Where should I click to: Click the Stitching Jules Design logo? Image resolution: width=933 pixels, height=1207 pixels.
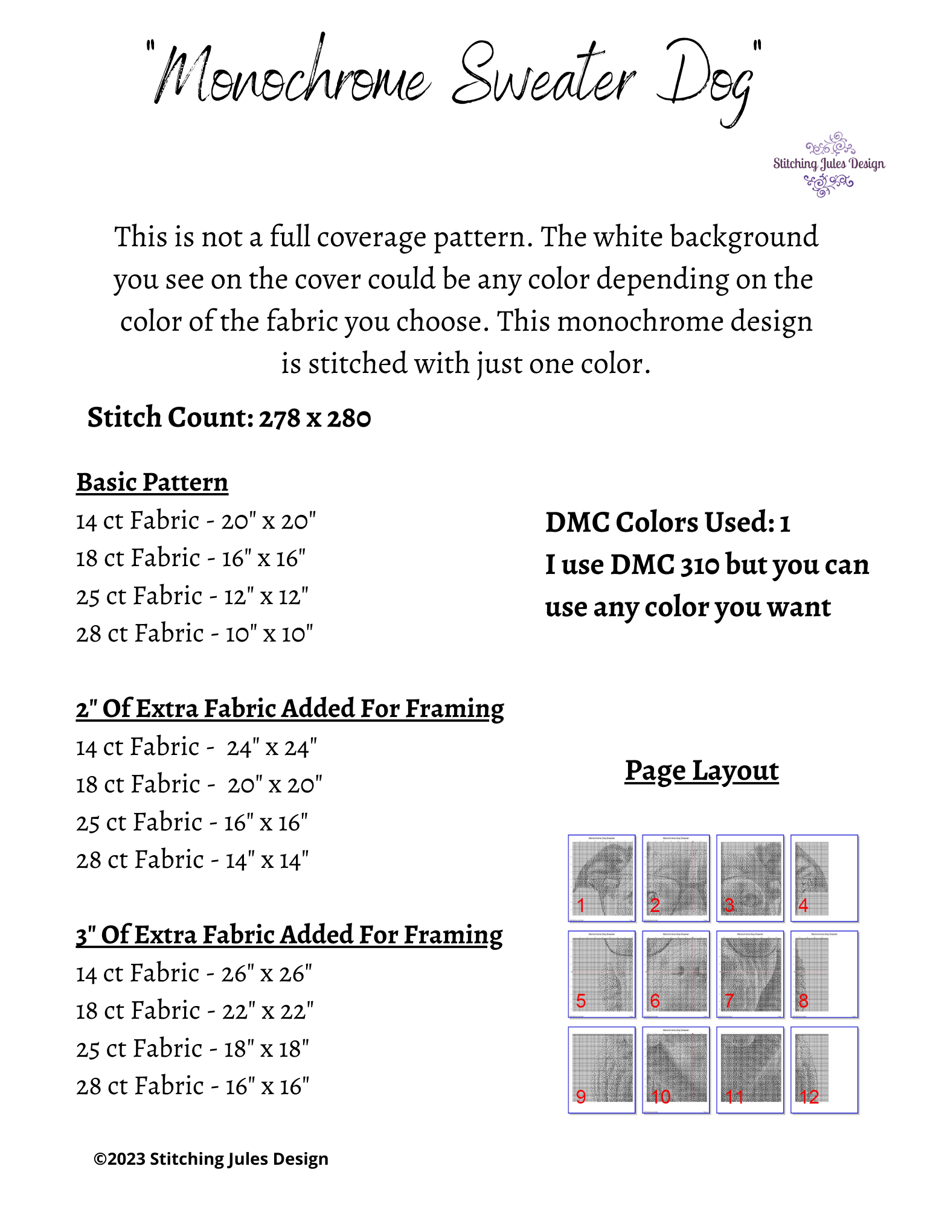(x=829, y=164)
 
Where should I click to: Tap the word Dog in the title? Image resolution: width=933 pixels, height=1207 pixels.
(x=707, y=81)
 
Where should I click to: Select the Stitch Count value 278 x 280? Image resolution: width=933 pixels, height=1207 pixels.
(x=315, y=418)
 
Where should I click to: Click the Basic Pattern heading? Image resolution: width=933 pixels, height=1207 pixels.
(x=152, y=482)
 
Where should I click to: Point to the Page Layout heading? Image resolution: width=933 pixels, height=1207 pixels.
(x=702, y=771)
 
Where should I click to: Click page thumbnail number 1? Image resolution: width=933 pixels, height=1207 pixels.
(x=601, y=878)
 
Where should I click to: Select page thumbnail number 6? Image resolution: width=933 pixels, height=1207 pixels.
(x=676, y=974)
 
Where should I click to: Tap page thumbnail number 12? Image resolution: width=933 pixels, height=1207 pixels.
(x=824, y=1070)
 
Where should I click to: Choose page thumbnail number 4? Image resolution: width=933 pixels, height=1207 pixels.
(x=824, y=878)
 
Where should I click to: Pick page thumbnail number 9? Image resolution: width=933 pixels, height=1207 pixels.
(x=601, y=1070)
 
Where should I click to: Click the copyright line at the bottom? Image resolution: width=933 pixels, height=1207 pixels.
(x=211, y=1159)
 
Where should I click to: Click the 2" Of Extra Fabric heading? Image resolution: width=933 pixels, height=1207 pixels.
(x=290, y=709)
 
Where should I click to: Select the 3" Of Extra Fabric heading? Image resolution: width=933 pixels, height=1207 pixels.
(x=289, y=935)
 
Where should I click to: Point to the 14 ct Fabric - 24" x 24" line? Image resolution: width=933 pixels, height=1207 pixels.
(x=196, y=747)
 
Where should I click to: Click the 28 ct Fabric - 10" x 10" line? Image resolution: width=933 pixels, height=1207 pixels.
(x=194, y=634)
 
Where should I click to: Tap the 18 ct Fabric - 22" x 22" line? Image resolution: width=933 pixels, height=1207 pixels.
(x=194, y=1011)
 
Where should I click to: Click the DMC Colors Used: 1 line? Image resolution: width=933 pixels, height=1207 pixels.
(x=667, y=523)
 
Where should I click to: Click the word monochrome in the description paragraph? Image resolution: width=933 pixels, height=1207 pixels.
(x=640, y=322)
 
